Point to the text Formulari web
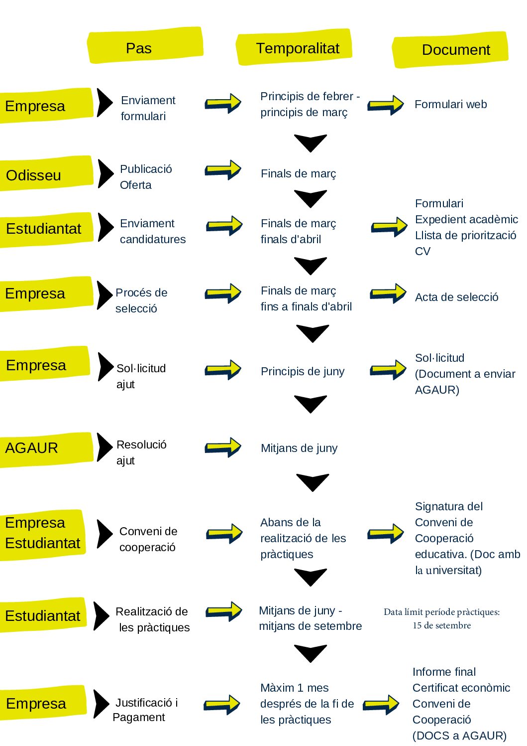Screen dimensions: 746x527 450,104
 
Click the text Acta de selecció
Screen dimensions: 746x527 456,297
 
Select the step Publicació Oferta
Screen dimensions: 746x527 146,177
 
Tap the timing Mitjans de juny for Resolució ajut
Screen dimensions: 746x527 299,448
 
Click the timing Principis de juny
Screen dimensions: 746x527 303,371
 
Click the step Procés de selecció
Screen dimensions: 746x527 141,300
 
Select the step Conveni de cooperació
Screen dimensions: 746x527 148,539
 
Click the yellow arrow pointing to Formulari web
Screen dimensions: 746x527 386,105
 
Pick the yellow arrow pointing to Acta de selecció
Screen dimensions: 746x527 388,294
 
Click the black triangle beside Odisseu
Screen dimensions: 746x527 105,173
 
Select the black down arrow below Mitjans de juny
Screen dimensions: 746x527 312,482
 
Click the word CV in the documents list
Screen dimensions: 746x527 422,251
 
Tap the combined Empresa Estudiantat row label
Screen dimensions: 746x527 42,533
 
